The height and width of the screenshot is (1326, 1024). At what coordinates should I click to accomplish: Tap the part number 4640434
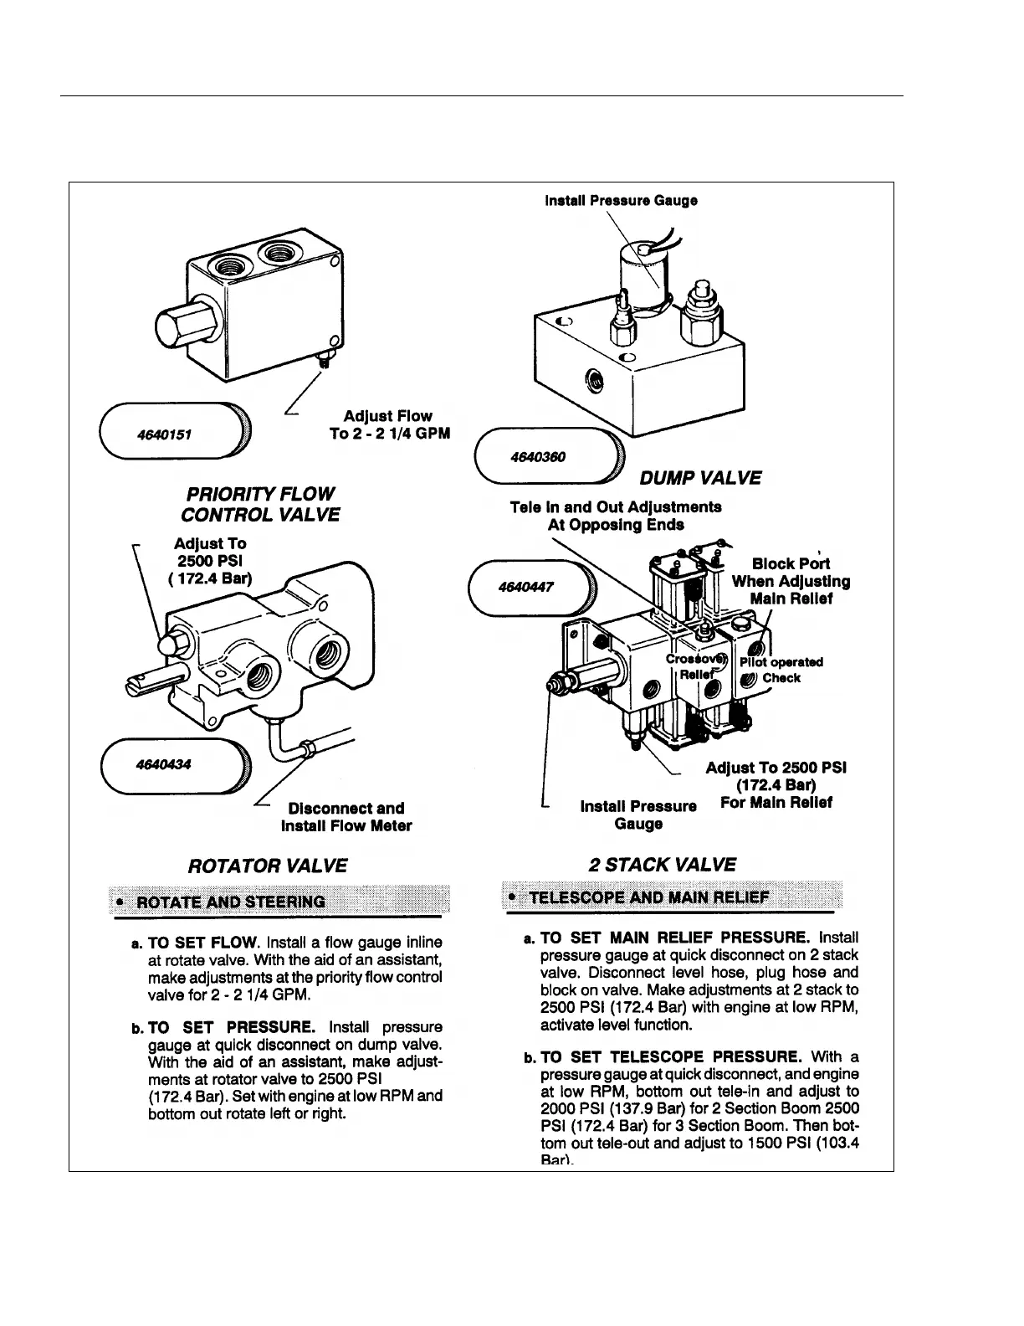[x=162, y=763]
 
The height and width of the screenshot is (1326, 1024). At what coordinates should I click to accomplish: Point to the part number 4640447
[x=520, y=586]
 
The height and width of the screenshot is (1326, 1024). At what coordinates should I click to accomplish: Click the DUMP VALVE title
[x=700, y=478]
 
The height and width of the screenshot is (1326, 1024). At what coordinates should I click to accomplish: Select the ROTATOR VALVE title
[x=268, y=865]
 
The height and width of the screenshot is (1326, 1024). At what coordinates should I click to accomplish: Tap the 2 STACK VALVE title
[x=662, y=865]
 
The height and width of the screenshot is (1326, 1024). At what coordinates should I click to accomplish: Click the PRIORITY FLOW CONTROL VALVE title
[x=260, y=504]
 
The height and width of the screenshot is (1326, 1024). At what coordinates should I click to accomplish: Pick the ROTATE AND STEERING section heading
[x=230, y=902]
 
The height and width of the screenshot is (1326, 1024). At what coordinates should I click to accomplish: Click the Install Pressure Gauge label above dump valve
[x=621, y=201]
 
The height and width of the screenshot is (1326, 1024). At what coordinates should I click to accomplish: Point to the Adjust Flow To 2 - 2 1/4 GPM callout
[x=389, y=424]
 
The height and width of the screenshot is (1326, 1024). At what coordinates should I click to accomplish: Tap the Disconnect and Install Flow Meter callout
[x=346, y=817]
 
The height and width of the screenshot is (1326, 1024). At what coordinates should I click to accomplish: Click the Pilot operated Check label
[x=781, y=670]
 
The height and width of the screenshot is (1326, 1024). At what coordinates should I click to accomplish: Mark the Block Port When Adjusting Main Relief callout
[x=791, y=581]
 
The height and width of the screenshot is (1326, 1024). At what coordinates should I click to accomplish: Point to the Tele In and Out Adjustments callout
[x=616, y=516]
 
